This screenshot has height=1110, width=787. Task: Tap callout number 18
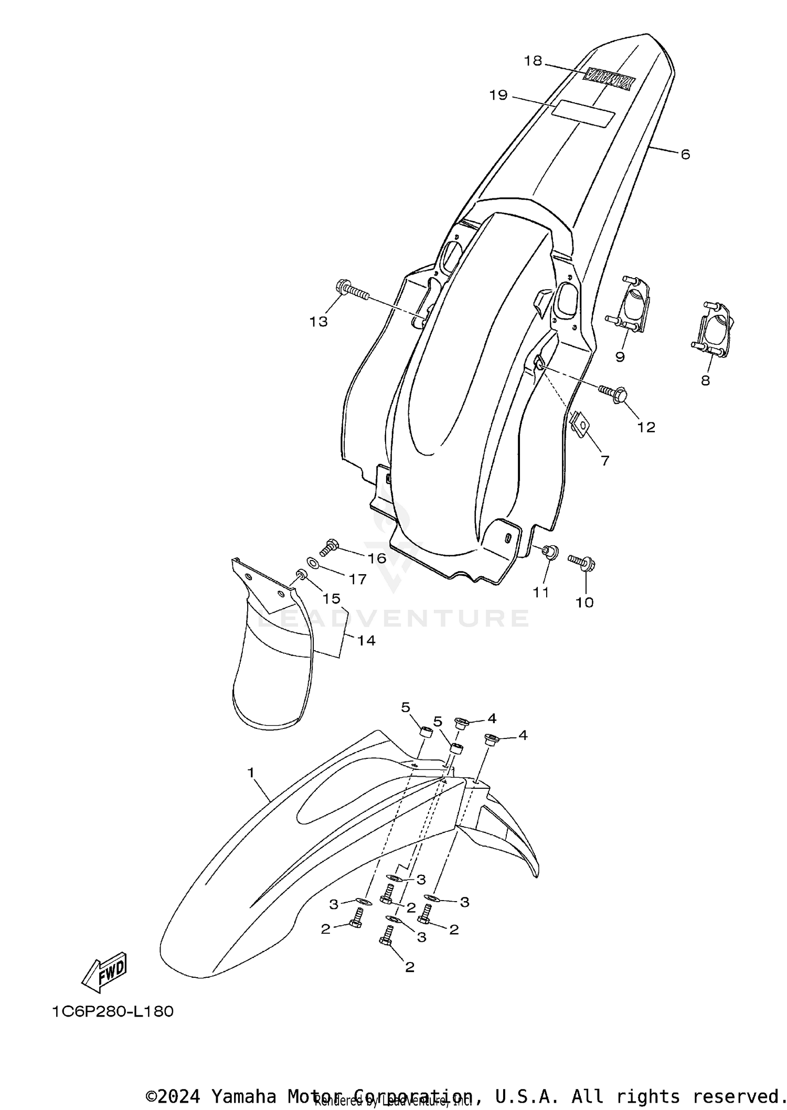click(x=533, y=61)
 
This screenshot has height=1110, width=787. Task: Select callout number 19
click(x=498, y=95)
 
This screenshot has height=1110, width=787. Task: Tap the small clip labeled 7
click(x=579, y=422)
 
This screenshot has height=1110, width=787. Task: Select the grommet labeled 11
click(x=550, y=553)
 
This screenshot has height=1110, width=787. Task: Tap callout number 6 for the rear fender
click(x=685, y=154)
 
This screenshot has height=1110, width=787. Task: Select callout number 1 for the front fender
click(x=251, y=773)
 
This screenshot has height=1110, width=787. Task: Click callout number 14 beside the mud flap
click(x=367, y=640)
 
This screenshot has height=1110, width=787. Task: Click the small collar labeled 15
click(x=301, y=573)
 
